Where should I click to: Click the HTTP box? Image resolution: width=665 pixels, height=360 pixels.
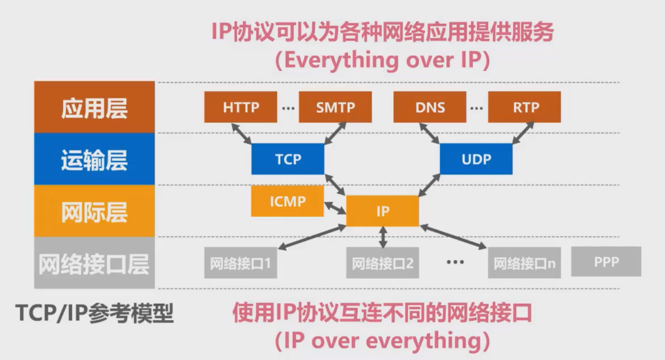point(241,107)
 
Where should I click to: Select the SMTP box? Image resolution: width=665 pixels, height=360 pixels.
point(335,107)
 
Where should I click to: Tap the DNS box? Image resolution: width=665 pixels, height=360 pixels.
point(430,107)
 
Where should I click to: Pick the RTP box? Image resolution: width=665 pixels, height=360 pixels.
point(525,107)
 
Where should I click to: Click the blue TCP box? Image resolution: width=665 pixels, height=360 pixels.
point(288,159)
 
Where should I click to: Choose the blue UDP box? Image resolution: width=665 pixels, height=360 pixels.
point(476,159)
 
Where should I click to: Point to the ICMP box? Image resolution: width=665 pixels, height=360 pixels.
point(288,201)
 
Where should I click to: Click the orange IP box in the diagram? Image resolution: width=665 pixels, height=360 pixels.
point(383,211)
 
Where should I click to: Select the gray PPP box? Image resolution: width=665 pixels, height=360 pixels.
point(606,262)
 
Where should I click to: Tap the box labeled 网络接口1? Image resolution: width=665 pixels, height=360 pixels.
point(241,263)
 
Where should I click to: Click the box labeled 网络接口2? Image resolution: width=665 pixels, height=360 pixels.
point(383,263)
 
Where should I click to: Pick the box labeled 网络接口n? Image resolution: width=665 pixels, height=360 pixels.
point(524,263)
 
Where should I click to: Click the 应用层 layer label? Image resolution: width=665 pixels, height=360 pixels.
point(94,107)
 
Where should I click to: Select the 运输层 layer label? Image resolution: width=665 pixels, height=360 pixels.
point(94,160)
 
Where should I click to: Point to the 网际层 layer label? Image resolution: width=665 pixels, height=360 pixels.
point(94,212)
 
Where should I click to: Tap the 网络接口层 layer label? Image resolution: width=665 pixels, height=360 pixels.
point(94,263)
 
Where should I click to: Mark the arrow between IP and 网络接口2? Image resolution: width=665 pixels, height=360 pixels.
point(383,237)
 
